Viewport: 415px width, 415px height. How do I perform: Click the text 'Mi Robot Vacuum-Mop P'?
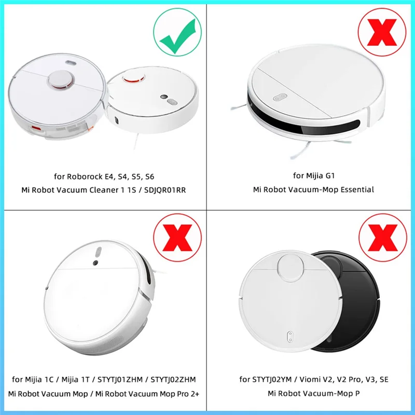coord(313,394)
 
